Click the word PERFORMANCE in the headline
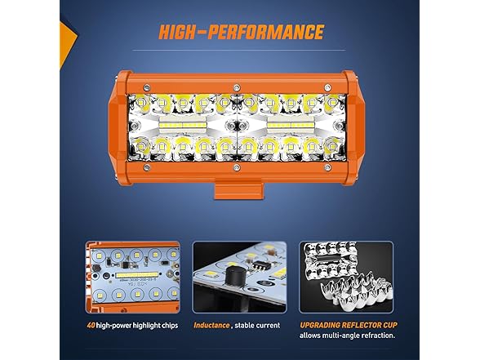coord(266,32)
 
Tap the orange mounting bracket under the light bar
coord(238,190)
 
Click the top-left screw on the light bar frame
coord(147,87)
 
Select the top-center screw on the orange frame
coord(237,88)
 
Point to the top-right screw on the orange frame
coord(327,87)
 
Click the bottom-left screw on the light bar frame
coord(147,167)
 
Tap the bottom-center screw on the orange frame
coord(237,167)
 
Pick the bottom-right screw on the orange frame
coord(327,167)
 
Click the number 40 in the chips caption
coord(91,325)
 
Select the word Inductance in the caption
coord(211,325)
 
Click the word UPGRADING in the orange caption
coord(320,325)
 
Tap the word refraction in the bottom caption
coord(378,336)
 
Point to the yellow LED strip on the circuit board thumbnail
coord(137,275)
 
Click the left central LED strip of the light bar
coord(183,125)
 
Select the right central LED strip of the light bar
coord(291,125)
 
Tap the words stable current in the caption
coord(257,325)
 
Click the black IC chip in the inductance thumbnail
coord(259,264)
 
